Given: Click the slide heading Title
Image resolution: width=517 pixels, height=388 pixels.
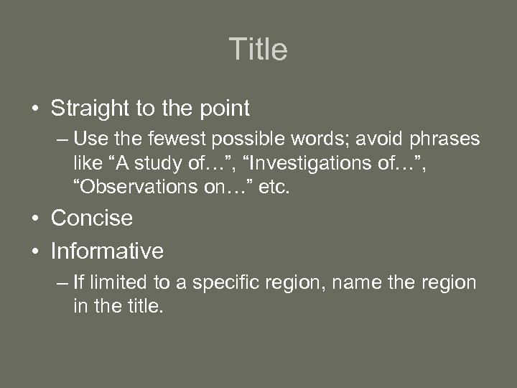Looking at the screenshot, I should click(258, 50).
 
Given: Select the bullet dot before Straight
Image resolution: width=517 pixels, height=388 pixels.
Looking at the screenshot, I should click(34, 110).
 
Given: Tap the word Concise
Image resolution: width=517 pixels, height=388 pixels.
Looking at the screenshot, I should click(92, 218).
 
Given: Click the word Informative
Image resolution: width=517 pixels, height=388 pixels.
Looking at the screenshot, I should click(107, 251).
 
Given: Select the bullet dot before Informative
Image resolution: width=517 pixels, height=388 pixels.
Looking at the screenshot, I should click(34, 251).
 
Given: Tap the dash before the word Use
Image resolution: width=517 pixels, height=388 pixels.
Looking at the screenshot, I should click(63, 138).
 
